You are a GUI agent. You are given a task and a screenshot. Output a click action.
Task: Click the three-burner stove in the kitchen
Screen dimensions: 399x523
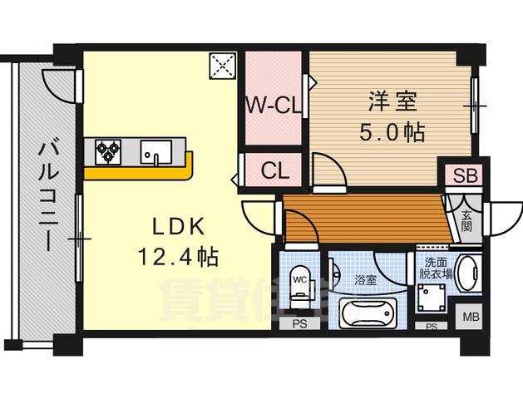[x=107, y=152]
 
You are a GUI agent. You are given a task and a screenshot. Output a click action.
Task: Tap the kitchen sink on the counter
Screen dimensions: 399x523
[x=155, y=152]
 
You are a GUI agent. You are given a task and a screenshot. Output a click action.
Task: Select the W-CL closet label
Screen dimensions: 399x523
[x=272, y=106]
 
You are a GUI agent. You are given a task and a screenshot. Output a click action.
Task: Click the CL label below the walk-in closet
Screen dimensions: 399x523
[x=274, y=170]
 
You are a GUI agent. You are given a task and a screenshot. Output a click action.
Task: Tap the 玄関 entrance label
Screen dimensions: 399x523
[x=467, y=222]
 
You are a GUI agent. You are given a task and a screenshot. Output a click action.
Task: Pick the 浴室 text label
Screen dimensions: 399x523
[x=367, y=280]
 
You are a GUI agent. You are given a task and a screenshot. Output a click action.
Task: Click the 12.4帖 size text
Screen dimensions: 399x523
[x=178, y=257]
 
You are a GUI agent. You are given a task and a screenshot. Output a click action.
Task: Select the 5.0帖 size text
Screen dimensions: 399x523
[x=392, y=131]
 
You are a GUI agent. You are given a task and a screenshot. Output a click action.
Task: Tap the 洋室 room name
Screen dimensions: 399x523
[x=392, y=102]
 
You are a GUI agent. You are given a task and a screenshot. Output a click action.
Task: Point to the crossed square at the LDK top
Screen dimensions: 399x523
[x=223, y=66]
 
